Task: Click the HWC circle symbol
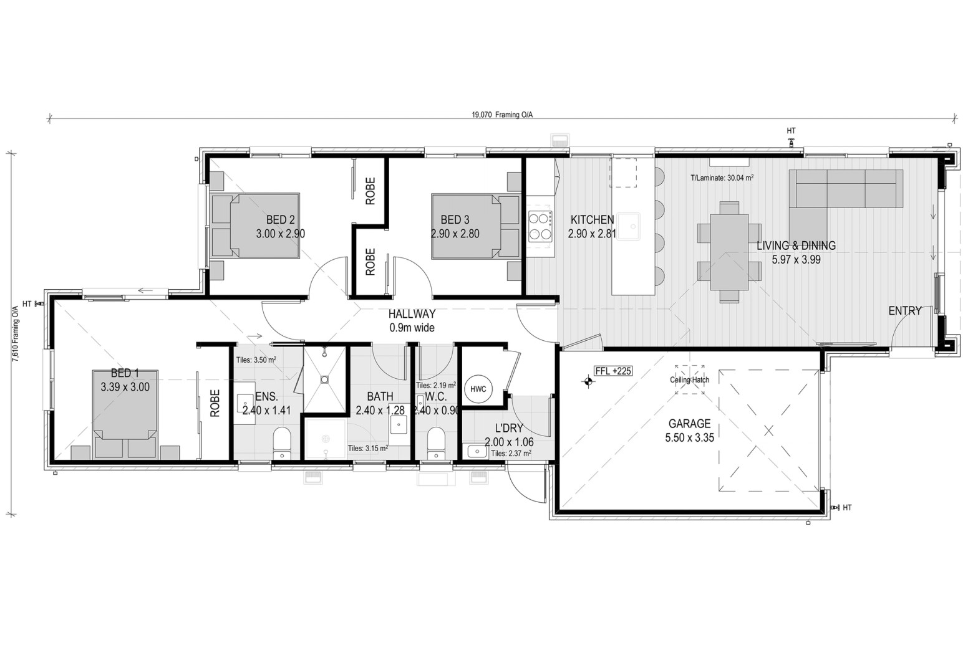478,389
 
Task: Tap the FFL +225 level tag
613,371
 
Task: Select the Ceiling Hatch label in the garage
689,380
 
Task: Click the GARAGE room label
689,423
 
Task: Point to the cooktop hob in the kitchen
540,226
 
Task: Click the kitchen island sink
628,226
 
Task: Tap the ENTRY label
905,311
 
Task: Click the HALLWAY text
412,314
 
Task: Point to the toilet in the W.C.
436,443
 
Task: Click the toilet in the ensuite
282,443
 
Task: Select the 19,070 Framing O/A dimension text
502,115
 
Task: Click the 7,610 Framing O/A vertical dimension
16,333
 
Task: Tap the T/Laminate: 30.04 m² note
722,178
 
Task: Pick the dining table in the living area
729,252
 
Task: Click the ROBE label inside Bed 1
215,403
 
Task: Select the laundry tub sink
477,451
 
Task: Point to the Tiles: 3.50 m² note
256,360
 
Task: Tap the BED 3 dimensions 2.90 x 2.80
455,234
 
